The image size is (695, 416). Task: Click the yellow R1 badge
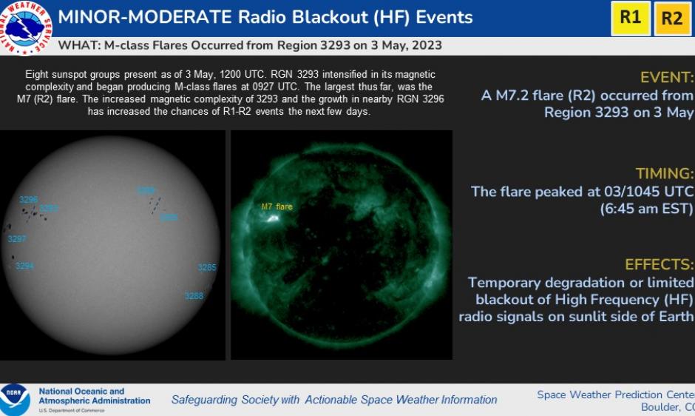point(630,18)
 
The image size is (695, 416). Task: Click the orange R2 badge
point(671,18)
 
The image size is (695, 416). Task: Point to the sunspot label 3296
point(29,200)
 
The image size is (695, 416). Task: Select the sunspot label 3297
point(17,239)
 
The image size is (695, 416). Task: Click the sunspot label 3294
point(25,266)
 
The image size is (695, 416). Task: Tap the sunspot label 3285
point(207,267)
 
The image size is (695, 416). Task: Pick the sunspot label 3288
point(194,296)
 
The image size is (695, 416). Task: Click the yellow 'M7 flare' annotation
point(277,207)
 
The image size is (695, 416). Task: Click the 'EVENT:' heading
point(667,78)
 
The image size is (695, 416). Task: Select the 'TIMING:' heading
point(665,174)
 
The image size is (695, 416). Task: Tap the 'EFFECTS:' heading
point(660,264)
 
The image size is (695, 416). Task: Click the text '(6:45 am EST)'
point(646,209)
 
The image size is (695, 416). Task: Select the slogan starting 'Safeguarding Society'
point(334,400)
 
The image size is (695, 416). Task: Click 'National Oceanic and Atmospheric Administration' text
point(94,396)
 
